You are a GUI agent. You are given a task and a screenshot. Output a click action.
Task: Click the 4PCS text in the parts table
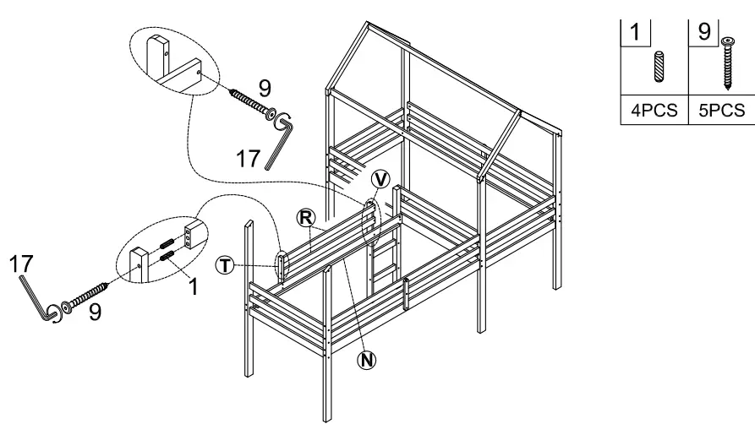[x=656, y=110]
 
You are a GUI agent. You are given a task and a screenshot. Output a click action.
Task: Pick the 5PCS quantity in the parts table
[x=723, y=110]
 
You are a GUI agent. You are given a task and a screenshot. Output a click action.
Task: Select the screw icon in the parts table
[x=726, y=63]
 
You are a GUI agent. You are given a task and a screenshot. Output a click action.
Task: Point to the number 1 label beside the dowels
[x=193, y=286]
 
